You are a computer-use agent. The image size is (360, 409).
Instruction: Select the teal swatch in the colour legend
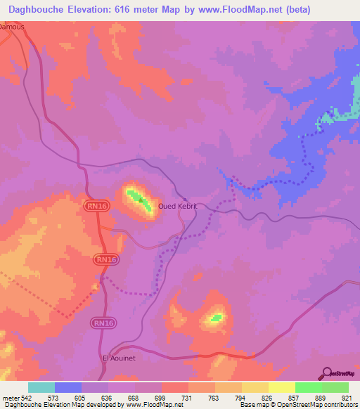(41, 387)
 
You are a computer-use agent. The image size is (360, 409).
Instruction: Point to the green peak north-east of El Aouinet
(215, 318)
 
